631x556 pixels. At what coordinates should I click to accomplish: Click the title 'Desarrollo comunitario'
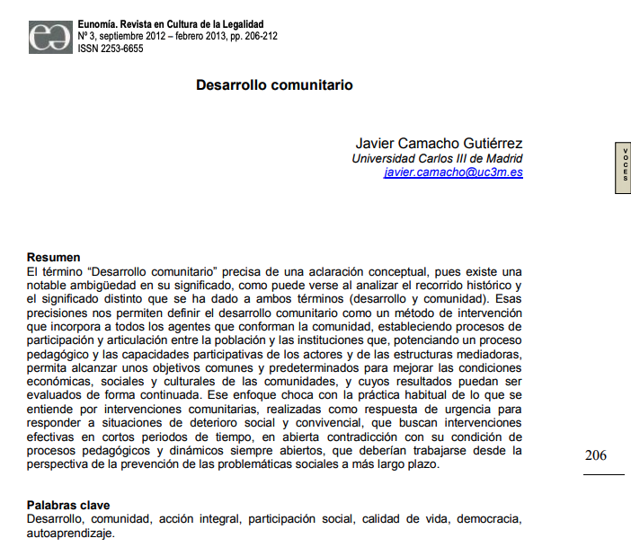point(274,85)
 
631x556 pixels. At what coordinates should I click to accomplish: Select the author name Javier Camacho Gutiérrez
point(439,144)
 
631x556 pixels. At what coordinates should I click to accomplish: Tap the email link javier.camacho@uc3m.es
point(453,172)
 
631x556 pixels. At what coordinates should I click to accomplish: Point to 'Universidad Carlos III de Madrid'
point(436,159)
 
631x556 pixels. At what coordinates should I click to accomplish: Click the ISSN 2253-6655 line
point(111,49)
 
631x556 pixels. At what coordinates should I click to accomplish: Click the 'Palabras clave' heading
point(68,506)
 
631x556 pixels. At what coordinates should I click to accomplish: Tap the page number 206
point(595,455)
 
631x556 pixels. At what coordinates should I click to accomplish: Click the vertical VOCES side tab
point(621,167)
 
